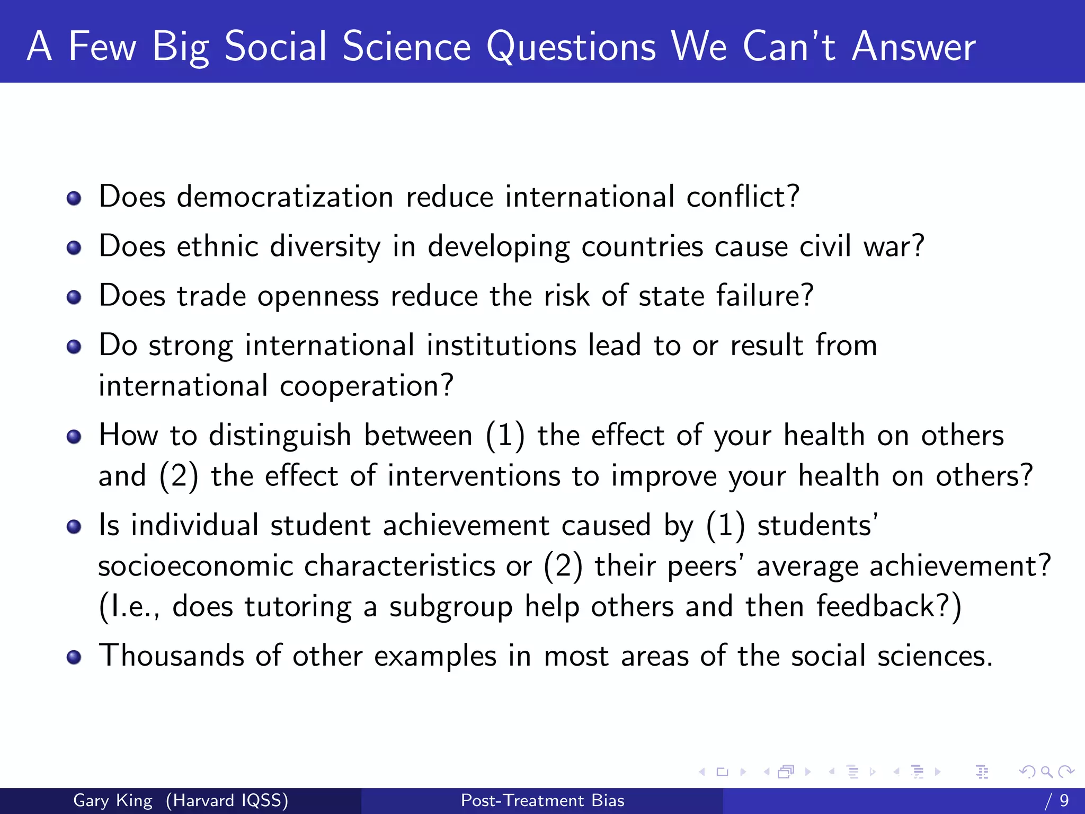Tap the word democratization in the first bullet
285,197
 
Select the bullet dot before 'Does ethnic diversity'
74,247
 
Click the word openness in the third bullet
318,296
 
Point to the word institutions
501,346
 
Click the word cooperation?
367,386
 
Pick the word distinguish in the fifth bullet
280,436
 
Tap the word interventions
474,476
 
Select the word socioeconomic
195,566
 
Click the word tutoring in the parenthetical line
298,606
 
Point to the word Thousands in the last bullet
172,656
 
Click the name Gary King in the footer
113,800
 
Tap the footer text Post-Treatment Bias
542,800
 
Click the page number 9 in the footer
1064,800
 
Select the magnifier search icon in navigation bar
1046,772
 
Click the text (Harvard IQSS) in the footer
227,800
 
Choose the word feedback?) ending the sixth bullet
888,606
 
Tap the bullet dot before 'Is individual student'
74,526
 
